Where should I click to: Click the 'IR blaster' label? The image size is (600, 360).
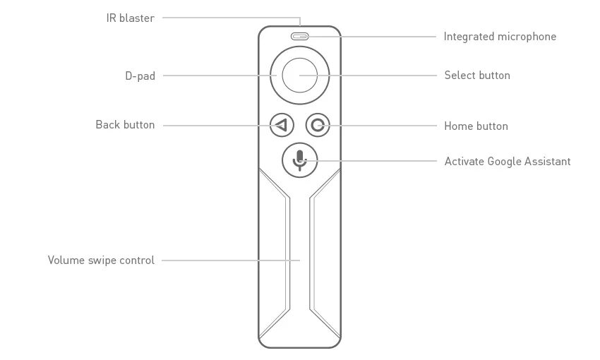(130, 18)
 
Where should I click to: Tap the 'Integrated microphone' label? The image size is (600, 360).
(500, 37)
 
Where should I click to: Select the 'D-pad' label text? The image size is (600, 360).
(140, 76)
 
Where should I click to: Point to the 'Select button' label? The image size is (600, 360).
(477, 76)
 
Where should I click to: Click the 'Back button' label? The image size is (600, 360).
(125, 125)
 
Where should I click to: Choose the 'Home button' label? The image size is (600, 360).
(476, 126)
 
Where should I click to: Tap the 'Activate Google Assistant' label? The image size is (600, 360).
(508, 162)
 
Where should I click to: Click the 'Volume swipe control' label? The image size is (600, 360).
(101, 260)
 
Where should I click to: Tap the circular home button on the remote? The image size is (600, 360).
(318, 126)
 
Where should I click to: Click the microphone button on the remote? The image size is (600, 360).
(300, 160)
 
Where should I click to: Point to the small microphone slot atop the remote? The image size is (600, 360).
(300, 36)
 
